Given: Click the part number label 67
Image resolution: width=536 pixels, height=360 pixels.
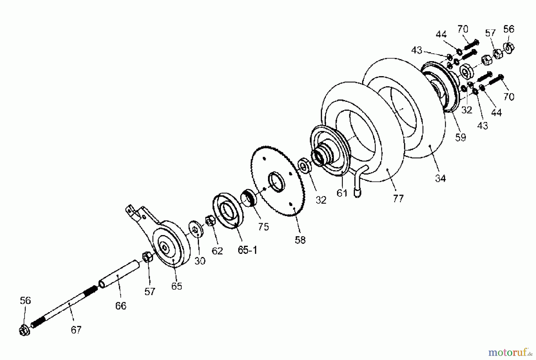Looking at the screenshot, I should point(76,330).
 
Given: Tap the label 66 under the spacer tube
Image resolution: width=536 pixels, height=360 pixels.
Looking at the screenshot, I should point(121,306).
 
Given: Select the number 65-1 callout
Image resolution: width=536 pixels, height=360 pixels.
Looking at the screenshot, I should point(247,250).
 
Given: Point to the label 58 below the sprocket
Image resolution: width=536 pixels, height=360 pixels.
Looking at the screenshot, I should point(300,240).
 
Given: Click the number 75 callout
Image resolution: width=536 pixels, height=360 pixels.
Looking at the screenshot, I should point(263,227).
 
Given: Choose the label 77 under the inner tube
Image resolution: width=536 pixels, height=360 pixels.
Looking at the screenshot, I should point(398,198).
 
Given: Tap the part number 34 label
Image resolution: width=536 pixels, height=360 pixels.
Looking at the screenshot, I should point(440,178).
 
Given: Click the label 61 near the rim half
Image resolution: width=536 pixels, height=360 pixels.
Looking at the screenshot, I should point(342,193).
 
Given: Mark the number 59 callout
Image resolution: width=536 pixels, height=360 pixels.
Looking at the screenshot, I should point(460,137).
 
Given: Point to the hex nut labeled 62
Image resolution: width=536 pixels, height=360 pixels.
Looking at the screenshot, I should point(210,221).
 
